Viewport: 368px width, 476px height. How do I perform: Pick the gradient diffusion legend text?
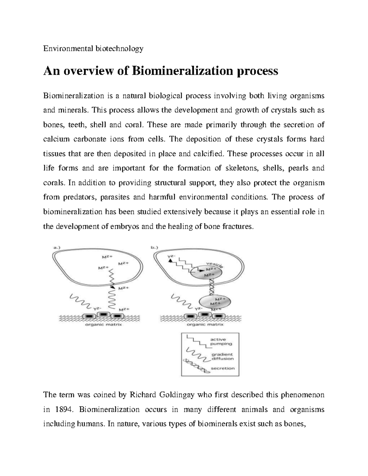click(222, 356)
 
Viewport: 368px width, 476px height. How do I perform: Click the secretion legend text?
click(222, 368)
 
